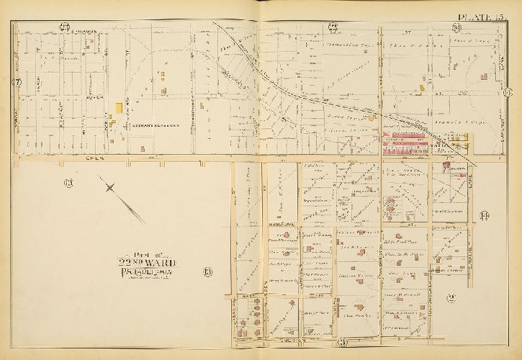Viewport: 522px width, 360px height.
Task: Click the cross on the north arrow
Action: (109, 188)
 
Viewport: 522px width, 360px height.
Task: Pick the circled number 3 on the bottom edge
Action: (343, 341)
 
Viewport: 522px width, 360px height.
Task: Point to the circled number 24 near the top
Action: (456, 28)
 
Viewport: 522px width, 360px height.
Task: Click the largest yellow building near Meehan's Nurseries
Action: (117, 107)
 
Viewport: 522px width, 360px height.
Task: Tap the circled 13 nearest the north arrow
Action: (69, 181)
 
